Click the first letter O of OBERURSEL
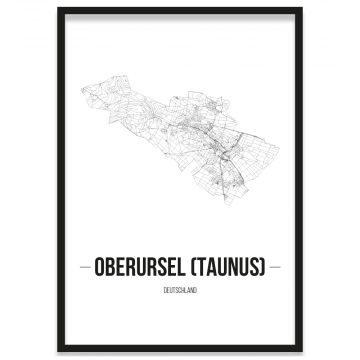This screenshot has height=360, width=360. click(102, 268)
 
